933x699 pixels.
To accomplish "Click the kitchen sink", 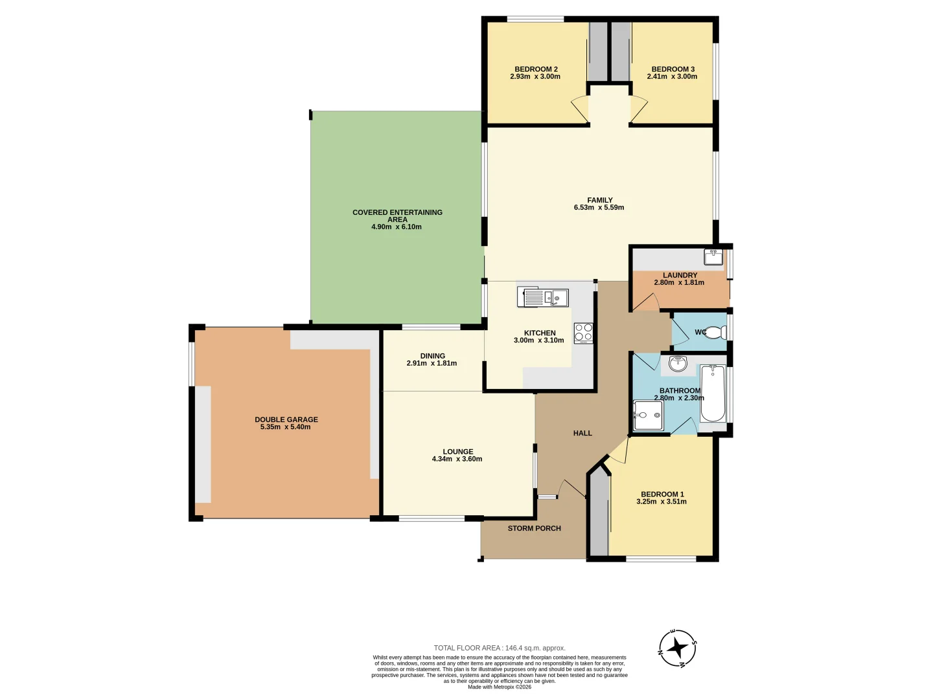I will (543, 298).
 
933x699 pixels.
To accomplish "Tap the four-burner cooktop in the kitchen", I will (583, 333).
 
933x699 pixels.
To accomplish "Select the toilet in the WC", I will (714, 333).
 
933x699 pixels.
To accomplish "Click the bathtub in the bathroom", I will (713, 393).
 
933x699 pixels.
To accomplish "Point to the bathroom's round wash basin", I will (678, 363).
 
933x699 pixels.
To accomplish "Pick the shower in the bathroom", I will (648, 415).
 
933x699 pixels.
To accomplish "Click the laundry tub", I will (713, 256).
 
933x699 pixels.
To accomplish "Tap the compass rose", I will (678, 648).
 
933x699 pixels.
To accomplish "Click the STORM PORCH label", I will (534, 529).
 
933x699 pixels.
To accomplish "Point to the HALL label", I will (582, 434).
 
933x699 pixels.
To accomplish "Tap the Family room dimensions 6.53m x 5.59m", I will (599, 208).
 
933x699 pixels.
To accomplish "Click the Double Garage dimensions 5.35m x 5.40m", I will (285, 427).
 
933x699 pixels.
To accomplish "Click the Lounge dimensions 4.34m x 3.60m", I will (457, 459).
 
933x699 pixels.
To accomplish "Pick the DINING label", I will (432, 356).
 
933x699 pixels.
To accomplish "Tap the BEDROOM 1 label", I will (662, 494).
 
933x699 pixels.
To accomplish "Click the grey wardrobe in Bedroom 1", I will (599, 515).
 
